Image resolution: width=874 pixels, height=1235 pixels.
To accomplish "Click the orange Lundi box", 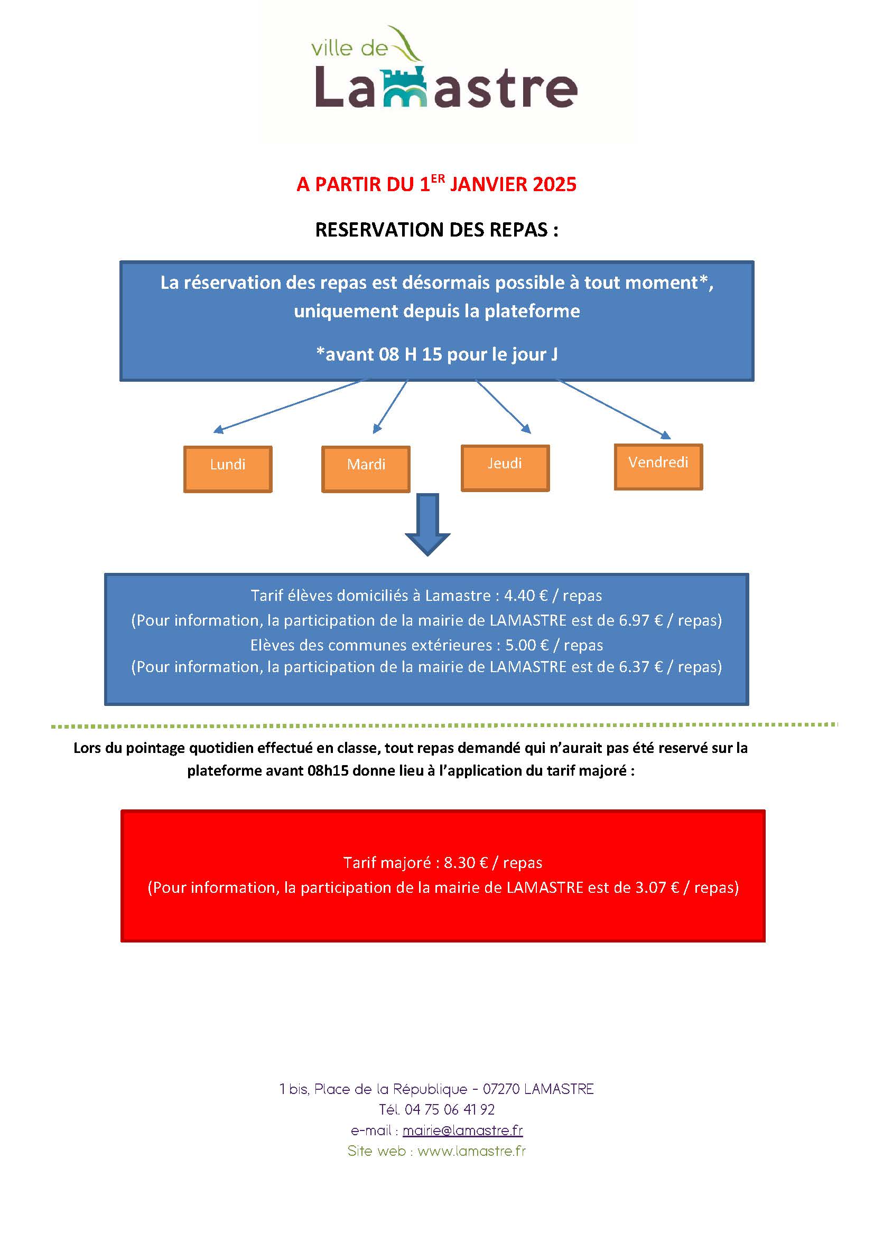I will click(x=228, y=468).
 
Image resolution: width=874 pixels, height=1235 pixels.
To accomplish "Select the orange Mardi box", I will click(x=366, y=468).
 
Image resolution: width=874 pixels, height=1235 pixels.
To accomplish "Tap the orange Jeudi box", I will click(x=505, y=467).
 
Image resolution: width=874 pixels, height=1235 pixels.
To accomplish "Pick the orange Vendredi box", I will click(x=658, y=466).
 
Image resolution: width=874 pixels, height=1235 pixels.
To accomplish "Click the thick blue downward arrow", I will click(x=427, y=524).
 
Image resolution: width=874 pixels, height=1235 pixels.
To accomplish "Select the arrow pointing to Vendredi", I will click(x=613, y=408).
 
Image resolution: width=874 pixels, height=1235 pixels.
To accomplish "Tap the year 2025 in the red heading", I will click(x=554, y=184).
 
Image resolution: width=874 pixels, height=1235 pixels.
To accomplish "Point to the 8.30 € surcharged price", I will click(x=466, y=863).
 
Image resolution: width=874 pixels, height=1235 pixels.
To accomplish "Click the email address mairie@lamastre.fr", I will click(x=462, y=1130).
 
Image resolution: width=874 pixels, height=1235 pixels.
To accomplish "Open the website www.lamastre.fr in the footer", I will click(x=471, y=1151).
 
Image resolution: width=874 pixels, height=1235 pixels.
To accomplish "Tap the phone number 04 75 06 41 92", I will click(x=449, y=1109).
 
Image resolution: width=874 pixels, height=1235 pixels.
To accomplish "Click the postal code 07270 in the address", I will click(x=500, y=1089).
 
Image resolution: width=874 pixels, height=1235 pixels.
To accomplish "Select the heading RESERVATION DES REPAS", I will click(x=436, y=230).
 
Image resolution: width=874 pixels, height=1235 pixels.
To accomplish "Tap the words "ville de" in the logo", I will click(x=349, y=49).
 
